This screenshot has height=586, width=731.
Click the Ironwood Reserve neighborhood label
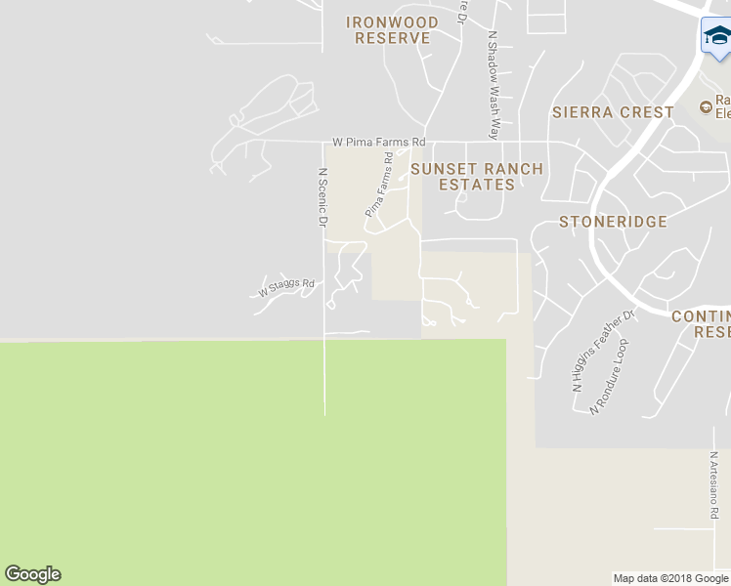point(392,29)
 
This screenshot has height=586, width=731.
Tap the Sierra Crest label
point(613,112)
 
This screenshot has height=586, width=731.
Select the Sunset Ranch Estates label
point(476,177)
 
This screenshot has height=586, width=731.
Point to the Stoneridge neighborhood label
point(613,222)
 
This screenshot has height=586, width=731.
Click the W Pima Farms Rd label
point(379,143)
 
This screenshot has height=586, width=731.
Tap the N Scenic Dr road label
point(322,197)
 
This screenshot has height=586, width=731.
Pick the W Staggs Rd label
point(286,288)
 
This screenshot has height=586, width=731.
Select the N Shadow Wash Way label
point(494,84)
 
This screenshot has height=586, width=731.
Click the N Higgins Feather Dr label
point(603,352)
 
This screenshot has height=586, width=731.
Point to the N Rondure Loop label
point(608,378)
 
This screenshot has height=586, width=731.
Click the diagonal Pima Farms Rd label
point(379,186)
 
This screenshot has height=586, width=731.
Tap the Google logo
point(32,574)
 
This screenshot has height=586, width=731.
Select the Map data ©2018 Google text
point(670,578)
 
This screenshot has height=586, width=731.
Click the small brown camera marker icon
point(706,106)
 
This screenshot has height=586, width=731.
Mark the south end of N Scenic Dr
point(324,414)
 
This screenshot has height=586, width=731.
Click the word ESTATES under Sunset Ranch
point(476,185)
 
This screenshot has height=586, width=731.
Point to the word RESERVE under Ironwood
point(392,38)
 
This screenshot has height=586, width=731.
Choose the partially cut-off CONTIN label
point(701,316)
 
